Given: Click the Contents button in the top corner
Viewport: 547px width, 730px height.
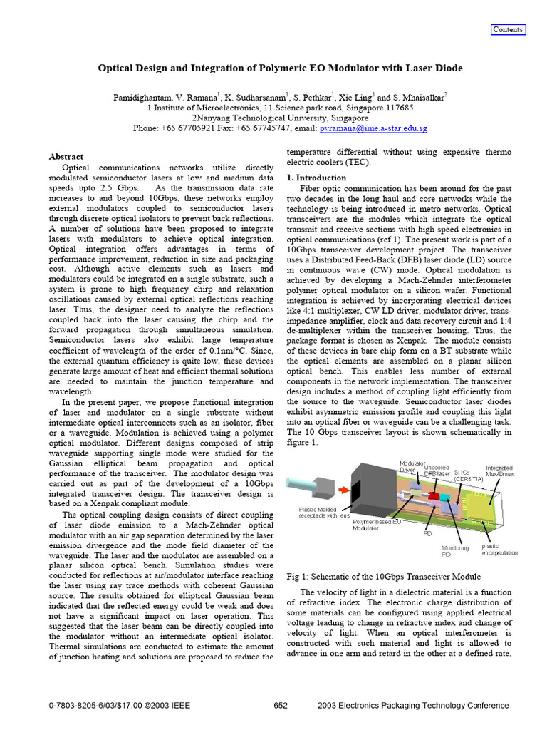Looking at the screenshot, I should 508,29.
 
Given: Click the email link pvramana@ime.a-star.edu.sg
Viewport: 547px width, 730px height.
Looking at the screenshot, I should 373,128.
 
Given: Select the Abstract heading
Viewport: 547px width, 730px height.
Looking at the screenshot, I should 66,156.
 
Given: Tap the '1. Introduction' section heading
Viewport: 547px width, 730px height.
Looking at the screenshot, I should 316,178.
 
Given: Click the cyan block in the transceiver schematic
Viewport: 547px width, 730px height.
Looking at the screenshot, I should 448,497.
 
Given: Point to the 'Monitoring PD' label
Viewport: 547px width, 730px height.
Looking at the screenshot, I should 455,551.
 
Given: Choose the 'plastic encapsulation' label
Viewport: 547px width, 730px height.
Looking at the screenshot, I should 499,549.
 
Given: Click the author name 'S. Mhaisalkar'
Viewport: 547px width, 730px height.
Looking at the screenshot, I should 417,97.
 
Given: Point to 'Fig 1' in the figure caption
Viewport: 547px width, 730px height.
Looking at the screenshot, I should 295,576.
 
